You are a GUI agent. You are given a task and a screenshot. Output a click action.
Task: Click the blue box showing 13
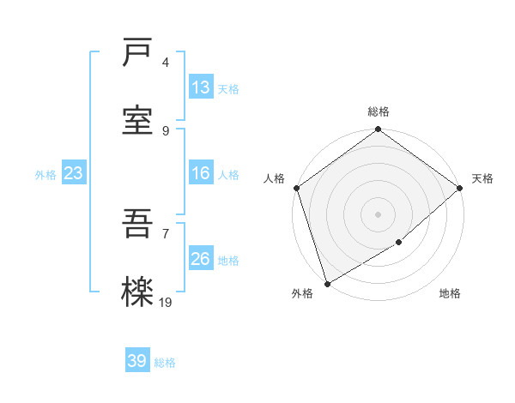click(201, 87)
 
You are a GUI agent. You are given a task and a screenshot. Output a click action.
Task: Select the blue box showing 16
click(201, 173)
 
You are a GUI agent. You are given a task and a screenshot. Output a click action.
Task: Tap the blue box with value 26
click(201, 259)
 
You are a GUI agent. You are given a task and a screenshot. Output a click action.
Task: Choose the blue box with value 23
click(74, 173)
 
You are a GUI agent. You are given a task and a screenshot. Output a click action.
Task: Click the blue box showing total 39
click(137, 361)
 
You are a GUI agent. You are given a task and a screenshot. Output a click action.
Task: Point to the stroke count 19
click(166, 302)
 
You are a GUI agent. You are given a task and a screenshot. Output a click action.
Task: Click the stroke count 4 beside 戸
click(166, 63)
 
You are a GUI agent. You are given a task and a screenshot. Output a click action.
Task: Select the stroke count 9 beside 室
click(166, 130)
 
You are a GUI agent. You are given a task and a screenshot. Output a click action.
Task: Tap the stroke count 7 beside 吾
click(166, 234)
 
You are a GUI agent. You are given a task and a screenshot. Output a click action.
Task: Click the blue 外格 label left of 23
click(45, 174)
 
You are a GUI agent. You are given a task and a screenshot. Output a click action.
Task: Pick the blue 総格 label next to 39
click(165, 363)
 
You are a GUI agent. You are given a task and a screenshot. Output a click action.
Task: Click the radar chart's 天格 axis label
click(482, 178)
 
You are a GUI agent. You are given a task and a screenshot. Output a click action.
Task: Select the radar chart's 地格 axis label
click(450, 293)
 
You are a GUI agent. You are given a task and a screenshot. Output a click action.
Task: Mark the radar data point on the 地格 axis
click(399, 243)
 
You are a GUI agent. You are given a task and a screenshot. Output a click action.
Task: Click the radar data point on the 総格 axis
click(378, 129)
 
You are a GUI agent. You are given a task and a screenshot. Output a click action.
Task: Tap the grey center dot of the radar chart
click(378, 214)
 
